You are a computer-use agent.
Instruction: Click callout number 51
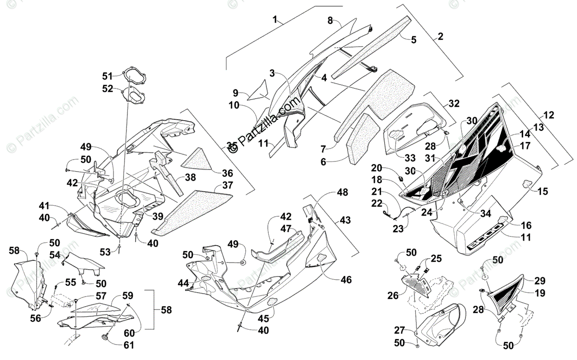107,75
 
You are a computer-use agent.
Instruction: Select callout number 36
227,173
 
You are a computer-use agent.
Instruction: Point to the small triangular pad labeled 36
201,158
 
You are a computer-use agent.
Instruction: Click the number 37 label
227,186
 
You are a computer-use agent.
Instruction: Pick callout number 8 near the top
330,21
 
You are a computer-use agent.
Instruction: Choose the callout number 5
413,40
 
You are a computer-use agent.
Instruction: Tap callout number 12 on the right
549,115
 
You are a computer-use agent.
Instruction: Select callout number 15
542,191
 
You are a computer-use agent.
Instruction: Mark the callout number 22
376,203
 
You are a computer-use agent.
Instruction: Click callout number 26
393,295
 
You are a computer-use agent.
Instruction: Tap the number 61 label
129,345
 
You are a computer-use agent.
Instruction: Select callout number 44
183,283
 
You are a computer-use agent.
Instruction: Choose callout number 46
346,280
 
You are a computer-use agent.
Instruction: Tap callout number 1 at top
275,20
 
